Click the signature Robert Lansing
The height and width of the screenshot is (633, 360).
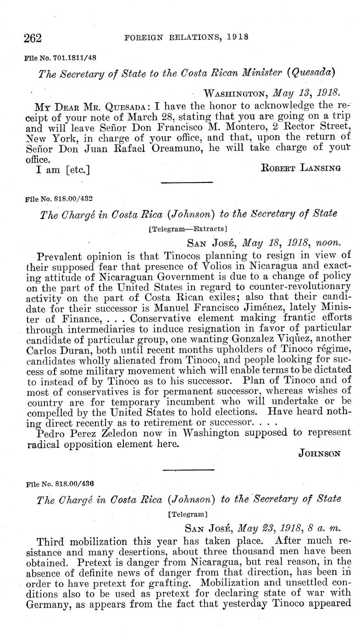[300, 168]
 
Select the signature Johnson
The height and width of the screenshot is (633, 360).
[319, 454]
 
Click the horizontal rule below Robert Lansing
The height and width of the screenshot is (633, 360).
[187, 183]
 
